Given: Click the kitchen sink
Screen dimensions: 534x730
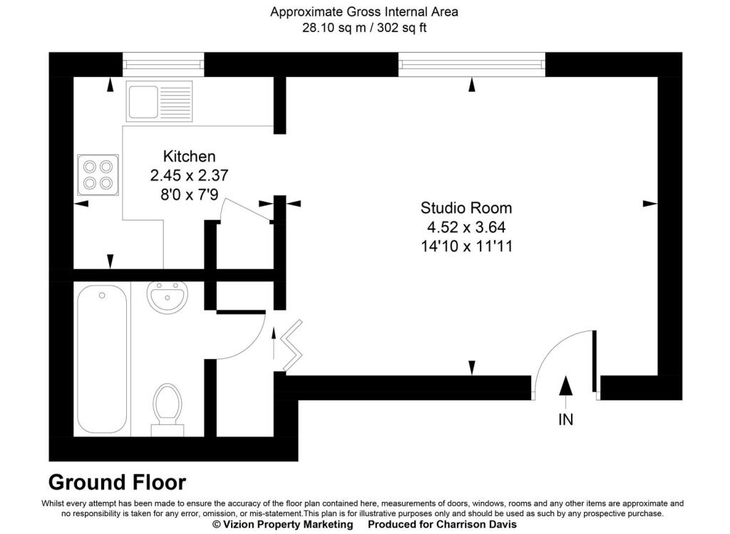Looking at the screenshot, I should (159, 101).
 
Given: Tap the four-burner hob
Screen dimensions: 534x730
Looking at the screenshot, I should (98, 174).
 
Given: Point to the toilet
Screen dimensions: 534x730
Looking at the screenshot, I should (168, 407).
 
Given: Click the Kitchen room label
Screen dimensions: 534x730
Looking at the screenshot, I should (189, 156).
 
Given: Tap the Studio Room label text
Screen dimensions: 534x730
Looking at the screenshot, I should (466, 208).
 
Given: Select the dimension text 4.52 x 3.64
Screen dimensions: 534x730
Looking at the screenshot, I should (466, 228).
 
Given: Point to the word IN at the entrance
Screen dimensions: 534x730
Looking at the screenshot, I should (565, 420).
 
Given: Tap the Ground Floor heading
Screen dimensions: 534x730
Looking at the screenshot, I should (117, 483).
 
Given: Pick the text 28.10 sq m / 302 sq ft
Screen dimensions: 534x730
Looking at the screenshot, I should (364, 29).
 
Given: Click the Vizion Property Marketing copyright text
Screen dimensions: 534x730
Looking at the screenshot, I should (283, 524).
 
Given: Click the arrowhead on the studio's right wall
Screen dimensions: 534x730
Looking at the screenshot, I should (649, 203).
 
